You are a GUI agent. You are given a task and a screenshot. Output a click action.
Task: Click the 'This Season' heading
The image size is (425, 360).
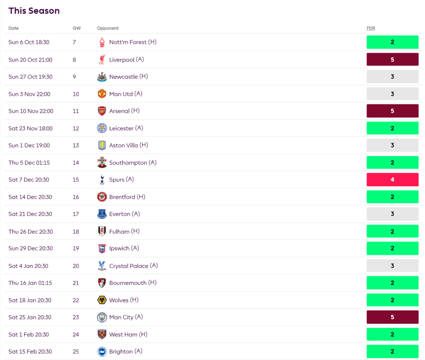(34, 11)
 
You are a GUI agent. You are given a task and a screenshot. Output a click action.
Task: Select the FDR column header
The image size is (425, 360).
(371, 28)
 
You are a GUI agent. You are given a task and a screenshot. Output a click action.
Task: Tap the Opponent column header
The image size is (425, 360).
(107, 28)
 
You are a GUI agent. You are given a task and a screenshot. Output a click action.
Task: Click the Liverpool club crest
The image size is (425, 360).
(102, 60)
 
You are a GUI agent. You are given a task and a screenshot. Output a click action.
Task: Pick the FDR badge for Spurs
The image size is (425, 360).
(392, 180)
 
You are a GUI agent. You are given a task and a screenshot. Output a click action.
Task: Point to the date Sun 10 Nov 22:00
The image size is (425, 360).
(31, 111)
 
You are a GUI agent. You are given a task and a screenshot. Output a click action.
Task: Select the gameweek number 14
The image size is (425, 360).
(76, 163)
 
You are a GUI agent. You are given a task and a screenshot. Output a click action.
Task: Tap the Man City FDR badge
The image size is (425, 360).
(392, 317)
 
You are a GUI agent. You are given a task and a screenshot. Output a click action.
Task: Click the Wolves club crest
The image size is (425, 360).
(102, 300)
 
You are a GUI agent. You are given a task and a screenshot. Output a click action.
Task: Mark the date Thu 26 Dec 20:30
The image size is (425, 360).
(31, 231)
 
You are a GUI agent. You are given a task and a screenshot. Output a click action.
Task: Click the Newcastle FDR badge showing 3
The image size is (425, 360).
(392, 77)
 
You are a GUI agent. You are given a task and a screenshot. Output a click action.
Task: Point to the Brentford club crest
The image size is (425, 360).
(102, 197)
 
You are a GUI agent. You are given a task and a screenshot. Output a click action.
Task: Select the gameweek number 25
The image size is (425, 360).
(76, 352)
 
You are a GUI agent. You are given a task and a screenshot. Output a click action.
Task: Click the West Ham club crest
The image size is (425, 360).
(102, 335)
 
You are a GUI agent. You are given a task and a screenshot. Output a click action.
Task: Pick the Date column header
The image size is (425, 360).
(14, 28)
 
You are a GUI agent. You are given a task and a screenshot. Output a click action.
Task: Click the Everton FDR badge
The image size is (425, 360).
(392, 214)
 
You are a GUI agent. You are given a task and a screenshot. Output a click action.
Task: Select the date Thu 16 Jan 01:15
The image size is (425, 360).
(29, 283)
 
